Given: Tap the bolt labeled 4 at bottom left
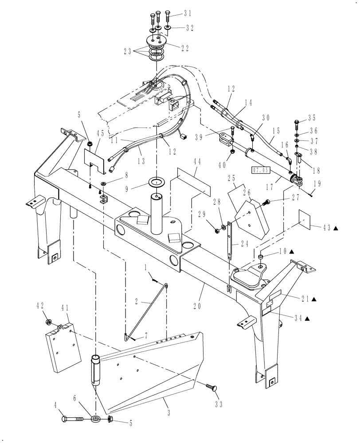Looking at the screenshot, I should pos(73,418).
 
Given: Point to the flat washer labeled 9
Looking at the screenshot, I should pos(157,182).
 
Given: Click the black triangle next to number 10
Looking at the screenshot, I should pos(291,251).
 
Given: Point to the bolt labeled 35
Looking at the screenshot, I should pos(296,123).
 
